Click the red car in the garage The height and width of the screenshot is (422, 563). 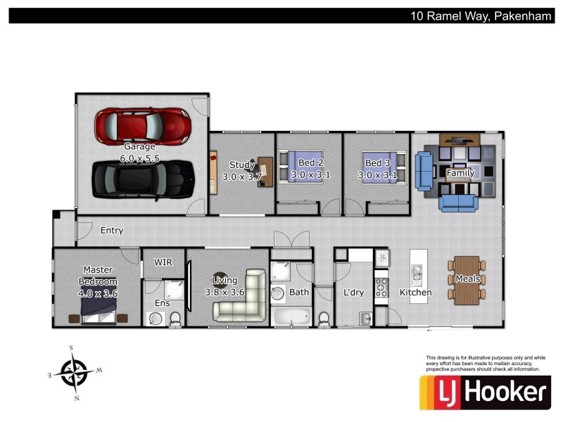144,125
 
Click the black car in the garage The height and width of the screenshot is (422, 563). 144,179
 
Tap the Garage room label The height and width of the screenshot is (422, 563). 139,147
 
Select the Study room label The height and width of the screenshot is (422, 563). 241,165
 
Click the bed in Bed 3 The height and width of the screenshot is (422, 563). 381,169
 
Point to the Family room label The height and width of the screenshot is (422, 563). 460,172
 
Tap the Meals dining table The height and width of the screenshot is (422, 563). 467,279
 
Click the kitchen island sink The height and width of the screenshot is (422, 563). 417,272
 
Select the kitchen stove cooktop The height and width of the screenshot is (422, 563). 382,286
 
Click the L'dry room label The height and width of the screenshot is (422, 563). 353,292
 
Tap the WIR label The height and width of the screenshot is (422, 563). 163,262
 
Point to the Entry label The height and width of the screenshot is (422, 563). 112,230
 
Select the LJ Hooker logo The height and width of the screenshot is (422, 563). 485,392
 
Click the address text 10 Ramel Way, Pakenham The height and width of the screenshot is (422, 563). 481,15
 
